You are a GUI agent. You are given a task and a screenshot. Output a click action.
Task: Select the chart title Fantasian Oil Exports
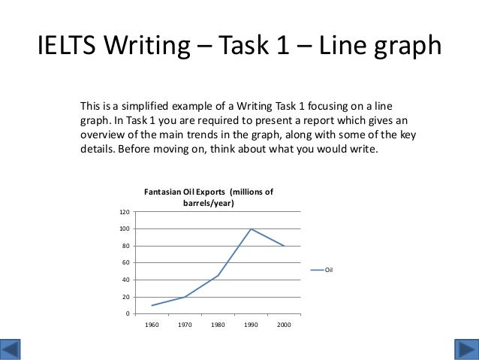coord(208,192)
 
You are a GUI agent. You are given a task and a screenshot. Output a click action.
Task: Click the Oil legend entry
coord(328,270)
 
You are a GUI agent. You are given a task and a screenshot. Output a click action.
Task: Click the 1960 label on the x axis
coord(152,325)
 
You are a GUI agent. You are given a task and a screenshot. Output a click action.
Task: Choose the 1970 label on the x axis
coord(185,325)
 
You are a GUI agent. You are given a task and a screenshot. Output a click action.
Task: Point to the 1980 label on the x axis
coord(218,325)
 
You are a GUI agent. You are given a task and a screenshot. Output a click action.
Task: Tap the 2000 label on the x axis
coord(283,325)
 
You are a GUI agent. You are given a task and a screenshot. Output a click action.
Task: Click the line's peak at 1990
coord(251,228)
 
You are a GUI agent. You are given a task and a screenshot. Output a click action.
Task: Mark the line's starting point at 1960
coord(152,305)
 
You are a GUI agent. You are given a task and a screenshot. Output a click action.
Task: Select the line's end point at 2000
coord(283,246)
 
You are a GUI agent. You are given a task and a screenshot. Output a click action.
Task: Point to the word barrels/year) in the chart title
coord(208,204)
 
